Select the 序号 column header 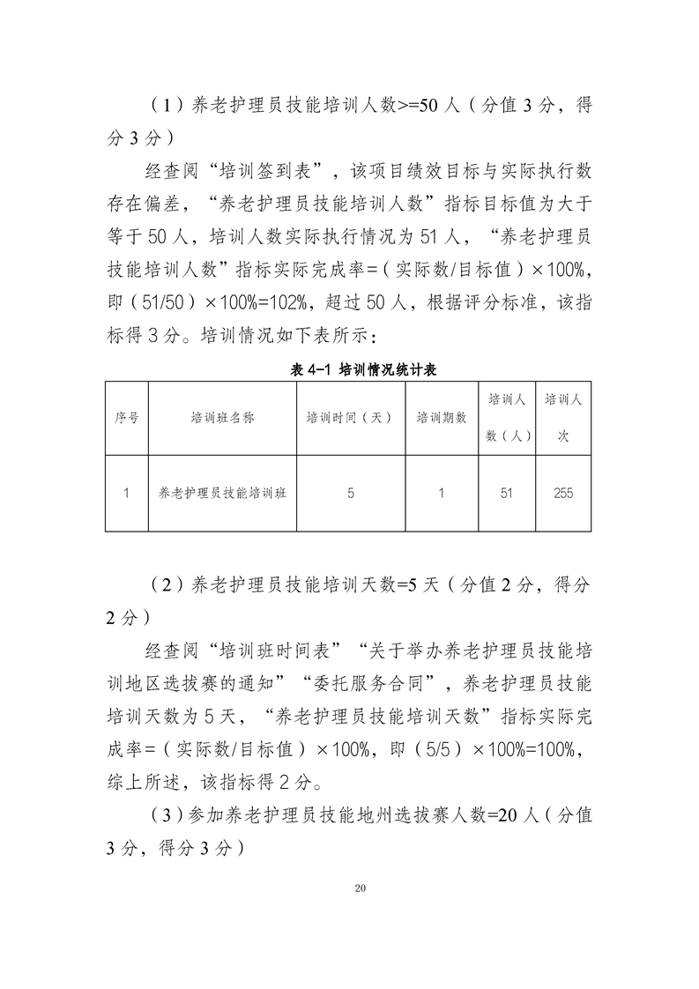point(126,418)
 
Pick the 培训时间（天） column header point(349,418)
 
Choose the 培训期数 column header point(441,418)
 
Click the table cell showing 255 point(563,494)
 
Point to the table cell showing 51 point(506,494)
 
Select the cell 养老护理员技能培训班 point(222,494)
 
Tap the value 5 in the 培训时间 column point(351,494)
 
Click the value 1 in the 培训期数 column point(441,494)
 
